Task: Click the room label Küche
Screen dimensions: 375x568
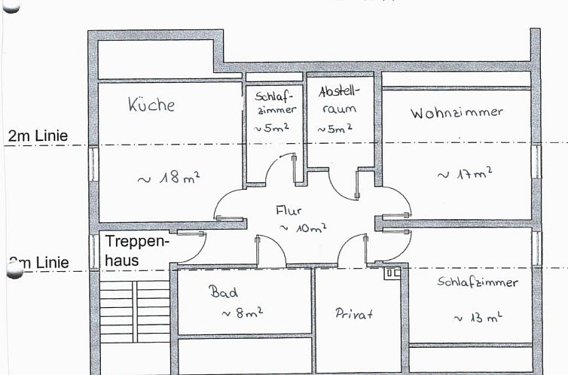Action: click(x=151, y=104)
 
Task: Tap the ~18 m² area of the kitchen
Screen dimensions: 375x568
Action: click(x=168, y=178)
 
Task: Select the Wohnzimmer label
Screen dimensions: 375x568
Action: click(x=457, y=113)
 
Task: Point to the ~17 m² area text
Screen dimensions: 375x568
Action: click(x=464, y=174)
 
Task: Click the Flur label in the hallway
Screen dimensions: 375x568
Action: click(x=289, y=212)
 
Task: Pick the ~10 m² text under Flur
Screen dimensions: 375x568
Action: click(x=303, y=227)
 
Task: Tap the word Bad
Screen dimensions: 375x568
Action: click(x=224, y=291)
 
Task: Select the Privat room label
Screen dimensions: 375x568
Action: click(x=354, y=313)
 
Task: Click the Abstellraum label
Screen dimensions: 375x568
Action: click(x=340, y=99)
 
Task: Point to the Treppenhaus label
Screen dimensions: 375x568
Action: click(x=137, y=251)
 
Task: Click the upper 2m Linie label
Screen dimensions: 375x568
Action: click(x=38, y=136)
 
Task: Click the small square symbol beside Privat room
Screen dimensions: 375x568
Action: click(x=392, y=273)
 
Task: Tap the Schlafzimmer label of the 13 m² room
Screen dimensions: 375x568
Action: click(x=478, y=282)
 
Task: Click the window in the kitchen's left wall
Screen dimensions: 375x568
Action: click(x=93, y=164)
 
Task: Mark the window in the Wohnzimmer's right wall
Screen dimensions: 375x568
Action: click(x=536, y=161)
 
